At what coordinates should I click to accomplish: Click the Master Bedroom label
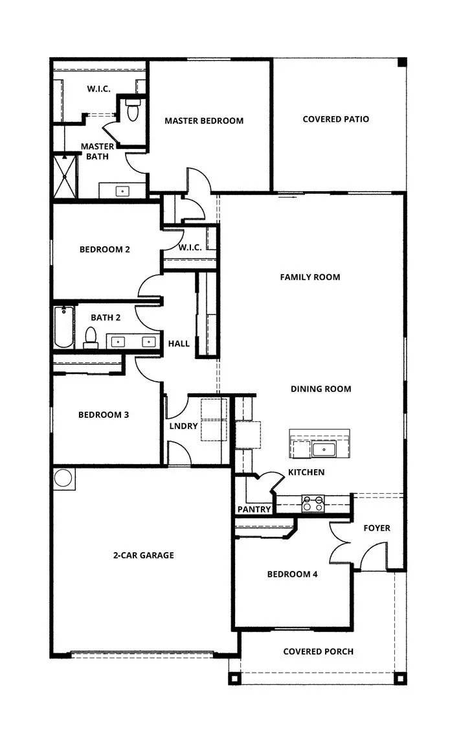tap(204, 121)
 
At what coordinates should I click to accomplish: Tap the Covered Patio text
tap(335, 119)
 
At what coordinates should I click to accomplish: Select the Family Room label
tap(309, 277)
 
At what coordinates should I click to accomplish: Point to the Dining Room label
tap(321, 389)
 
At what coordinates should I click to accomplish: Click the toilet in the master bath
tap(133, 111)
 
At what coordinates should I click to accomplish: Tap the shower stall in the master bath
tap(65, 176)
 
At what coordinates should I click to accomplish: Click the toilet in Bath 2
tap(91, 337)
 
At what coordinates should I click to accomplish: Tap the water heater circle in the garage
tap(63, 478)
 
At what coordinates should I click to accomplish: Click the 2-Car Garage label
tap(143, 555)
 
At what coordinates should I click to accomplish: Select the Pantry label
tap(254, 509)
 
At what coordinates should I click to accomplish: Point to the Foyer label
tap(376, 528)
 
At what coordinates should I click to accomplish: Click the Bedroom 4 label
tap(292, 574)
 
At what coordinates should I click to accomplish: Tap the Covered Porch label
tap(318, 651)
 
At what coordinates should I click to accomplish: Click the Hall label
tap(179, 343)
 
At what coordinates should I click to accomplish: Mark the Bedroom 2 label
tap(105, 249)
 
